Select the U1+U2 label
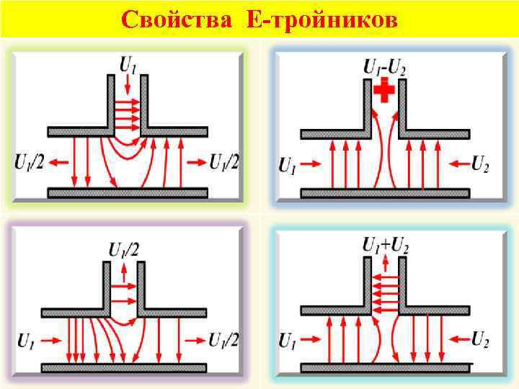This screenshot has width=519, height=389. coord(385,246)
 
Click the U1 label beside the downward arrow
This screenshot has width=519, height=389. coord(128,66)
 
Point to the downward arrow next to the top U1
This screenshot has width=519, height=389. coord(128,87)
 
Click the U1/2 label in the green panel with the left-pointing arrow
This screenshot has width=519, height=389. coord(28,163)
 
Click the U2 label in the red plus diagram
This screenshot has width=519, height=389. coord(480,164)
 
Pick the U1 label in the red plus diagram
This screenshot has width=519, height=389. coord(287,165)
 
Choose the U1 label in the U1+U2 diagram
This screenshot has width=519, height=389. coord(287,339)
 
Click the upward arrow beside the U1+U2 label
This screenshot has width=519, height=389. coord(385,267)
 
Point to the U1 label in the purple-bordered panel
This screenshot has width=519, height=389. coord(26,340)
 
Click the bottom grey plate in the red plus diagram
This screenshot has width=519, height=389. coord(385,193)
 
